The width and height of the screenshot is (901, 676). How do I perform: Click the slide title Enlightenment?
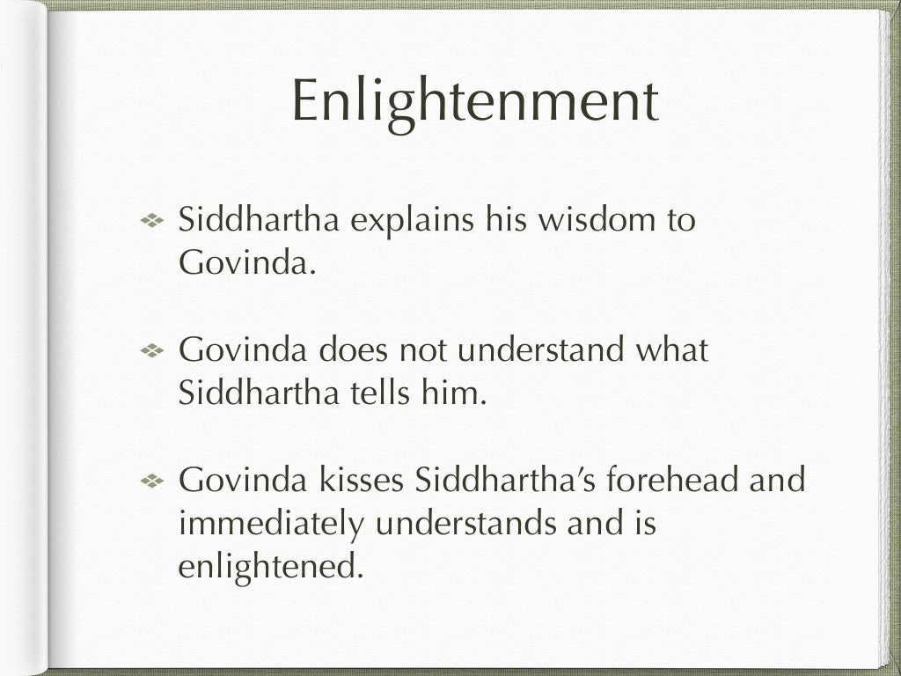[474, 101]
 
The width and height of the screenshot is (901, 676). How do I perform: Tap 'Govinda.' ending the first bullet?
[246, 263]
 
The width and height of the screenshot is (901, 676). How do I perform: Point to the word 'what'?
[672, 349]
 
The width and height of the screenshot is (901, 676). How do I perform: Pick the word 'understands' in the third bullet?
[465, 524]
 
